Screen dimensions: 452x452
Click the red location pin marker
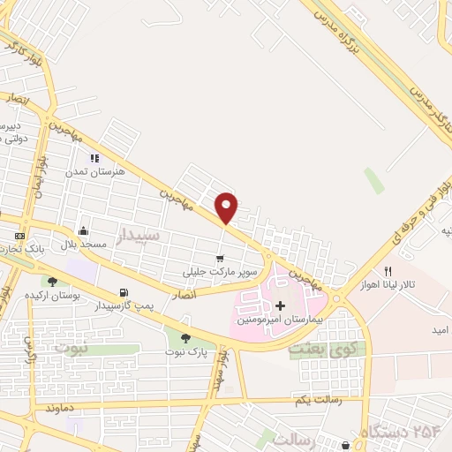tap(227, 207)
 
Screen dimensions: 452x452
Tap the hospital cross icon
tap(281, 305)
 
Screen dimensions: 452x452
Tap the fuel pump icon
tap(122, 292)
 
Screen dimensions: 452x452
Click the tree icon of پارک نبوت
tap(185, 337)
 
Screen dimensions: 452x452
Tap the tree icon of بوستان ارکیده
tap(53, 282)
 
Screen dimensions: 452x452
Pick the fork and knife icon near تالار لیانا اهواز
tap(387, 270)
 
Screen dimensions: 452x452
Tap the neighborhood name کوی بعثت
tap(313, 350)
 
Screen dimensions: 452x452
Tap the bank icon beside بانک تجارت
tap(19, 237)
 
